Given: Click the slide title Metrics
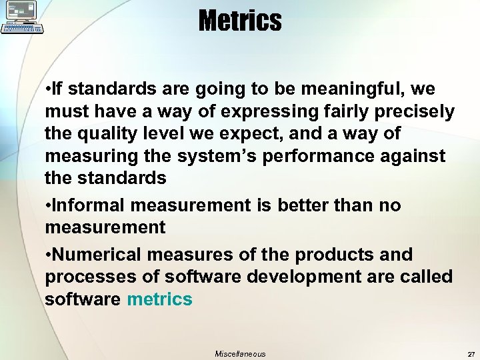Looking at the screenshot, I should tap(240, 21).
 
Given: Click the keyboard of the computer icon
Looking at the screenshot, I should tap(23, 29).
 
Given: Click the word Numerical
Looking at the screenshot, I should tap(97, 255).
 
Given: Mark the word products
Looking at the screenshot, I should tap(333, 255).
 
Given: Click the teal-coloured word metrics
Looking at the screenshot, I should tap(159, 299).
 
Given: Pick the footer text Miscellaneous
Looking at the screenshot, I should tap(240, 354).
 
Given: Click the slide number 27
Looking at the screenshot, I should tap(471, 354).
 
